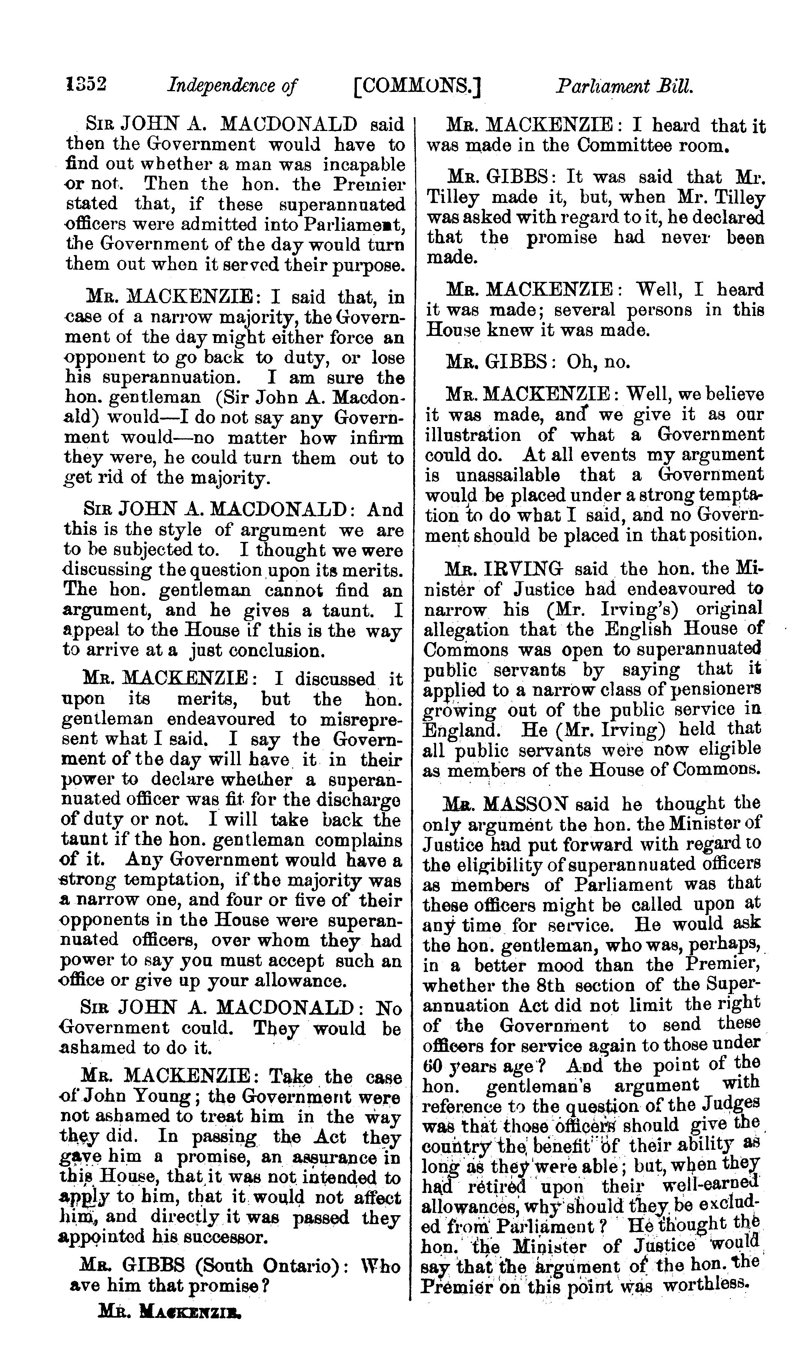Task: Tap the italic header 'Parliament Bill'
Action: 624,86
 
